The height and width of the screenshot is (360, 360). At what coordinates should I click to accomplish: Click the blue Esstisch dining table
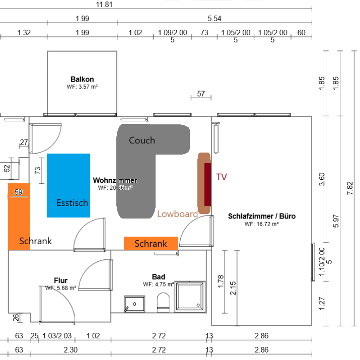68,185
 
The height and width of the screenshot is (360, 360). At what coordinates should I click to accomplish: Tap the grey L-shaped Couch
136,171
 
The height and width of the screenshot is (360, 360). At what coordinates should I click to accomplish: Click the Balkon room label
82,80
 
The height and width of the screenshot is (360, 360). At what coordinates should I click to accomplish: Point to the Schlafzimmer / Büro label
262,217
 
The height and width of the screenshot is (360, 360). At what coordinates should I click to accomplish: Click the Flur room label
61,280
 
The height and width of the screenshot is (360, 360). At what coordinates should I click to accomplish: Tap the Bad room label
159,277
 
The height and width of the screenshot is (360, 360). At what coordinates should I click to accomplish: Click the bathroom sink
134,304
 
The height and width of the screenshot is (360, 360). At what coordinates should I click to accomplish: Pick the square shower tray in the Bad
190,297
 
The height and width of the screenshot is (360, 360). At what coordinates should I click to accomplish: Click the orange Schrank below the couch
151,243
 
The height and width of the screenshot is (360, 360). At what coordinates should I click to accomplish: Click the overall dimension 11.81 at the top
104,5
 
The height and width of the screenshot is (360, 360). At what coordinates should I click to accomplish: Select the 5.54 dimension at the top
214,19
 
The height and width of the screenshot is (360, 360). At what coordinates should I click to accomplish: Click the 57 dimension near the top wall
201,94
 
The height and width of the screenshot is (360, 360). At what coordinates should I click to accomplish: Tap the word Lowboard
177,213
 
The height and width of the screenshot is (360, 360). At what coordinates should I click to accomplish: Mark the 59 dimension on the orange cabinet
19,192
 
